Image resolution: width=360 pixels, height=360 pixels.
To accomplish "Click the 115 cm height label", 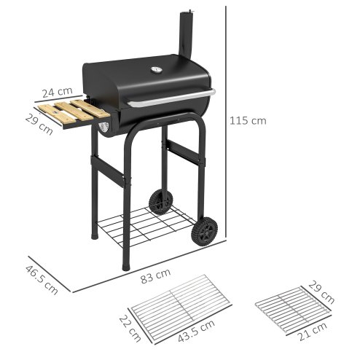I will pos(249,121).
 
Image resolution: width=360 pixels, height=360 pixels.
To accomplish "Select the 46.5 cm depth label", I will pos(43,275).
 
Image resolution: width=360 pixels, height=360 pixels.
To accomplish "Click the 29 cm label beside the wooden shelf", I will pos(38,125).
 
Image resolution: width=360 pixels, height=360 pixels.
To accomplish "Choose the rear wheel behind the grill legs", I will pos(160,202).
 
